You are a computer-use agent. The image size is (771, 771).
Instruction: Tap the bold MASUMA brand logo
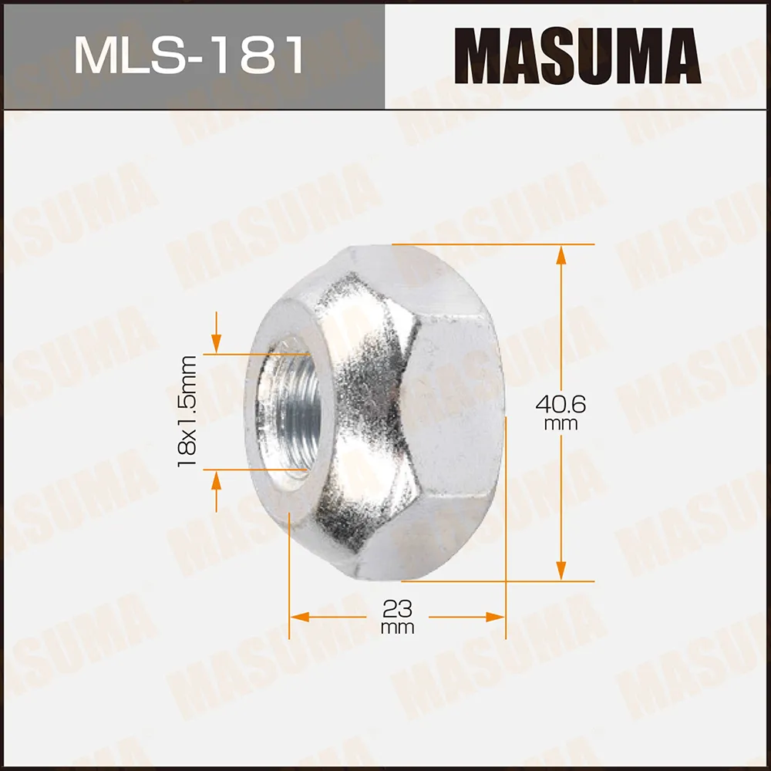pyautogui.click(x=577, y=56)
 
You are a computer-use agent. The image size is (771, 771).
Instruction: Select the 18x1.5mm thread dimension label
pyautogui.click(x=187, y=410)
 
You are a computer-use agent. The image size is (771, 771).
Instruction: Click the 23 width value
pyautogui.click(x=397, y=609)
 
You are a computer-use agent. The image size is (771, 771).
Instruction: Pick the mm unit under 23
pyautogui.click(x=397, y=628)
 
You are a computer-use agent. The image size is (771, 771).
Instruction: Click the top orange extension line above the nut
pyautogui.click(x=493, y=244)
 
